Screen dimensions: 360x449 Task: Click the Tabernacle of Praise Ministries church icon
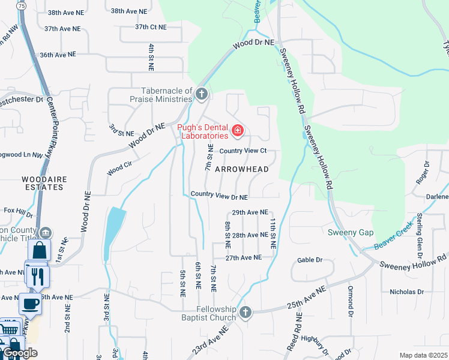[x=202, y=94]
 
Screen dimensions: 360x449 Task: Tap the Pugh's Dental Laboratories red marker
[x=238, y=130]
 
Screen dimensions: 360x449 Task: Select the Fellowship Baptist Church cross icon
[x=245, y=313]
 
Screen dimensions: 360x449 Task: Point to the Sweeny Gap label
[x=351, y=233]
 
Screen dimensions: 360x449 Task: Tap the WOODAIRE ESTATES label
[x=42, y=183]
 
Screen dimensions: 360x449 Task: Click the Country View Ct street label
[x=242, y=151]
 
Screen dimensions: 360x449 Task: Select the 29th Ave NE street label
[x=249, y=212]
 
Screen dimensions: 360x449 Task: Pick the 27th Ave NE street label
[x=243, y=257]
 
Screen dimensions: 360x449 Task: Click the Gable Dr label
[x=310, y=260]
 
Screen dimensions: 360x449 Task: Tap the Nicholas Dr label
[x=406, y=292]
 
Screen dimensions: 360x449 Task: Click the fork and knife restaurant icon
[x=37, y=275]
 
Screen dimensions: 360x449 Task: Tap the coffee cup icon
[x=30, y=303]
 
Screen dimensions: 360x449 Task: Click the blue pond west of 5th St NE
[x=114, y=233]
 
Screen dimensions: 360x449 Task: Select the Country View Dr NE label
[x=219, y=196]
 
